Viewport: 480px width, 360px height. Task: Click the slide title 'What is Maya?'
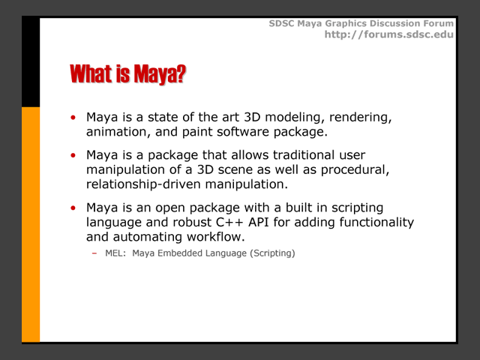pyautogui.click(x=128, y=74)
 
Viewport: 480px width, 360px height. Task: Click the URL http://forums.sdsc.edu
pyautogui.click(x=389, y=34)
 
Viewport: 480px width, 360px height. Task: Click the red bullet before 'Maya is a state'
pyautogui.click(x=73, y=117)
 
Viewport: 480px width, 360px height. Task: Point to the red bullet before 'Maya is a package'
pyautogui.click(x=73, y=155)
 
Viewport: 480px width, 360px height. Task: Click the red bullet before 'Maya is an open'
pyautogui.click(x=73, y=208)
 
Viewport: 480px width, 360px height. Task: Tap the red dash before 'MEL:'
pyautogui.click(x=94, y=253)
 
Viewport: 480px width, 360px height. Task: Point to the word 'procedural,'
pyautogui.click(x=355, y=170)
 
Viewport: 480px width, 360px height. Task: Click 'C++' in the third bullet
pyautogui.click(x=229, y=222)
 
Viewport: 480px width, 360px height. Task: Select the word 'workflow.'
pyautogui.click(x=216, y=237)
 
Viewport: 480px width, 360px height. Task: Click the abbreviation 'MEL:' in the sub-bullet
pyautogui.click(x=115, y=253)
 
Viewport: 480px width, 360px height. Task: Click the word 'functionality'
pyautogui.click(x=376, y=223)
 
